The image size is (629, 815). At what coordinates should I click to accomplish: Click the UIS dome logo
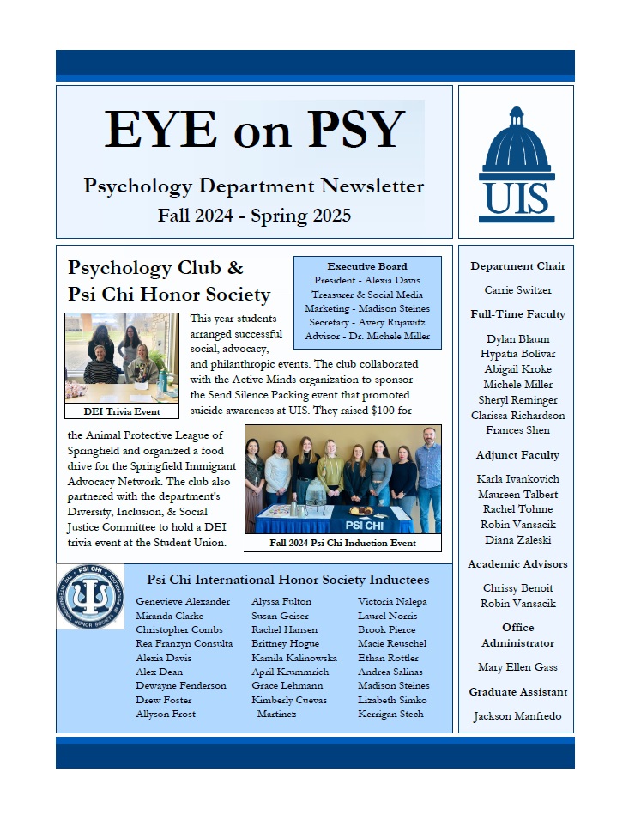516,163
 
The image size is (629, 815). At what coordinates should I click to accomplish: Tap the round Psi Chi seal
90,596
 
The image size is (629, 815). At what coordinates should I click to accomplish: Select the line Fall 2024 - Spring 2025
254,216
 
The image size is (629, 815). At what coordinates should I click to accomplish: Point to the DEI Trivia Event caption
121,411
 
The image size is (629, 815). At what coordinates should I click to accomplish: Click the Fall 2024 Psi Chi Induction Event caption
342,543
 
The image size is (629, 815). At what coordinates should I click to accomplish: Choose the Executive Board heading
367,266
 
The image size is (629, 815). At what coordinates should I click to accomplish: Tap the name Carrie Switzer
517,290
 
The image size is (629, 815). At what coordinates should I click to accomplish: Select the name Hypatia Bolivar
517,354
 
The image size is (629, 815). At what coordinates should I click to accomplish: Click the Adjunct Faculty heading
517,455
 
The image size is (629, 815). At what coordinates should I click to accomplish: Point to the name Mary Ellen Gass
517,667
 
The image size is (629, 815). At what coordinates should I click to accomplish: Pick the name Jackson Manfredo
517,716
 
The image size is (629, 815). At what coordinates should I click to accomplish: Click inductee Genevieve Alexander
183,602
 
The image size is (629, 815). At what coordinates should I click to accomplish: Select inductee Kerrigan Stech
390,714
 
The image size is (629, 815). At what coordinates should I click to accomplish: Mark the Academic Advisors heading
517,564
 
